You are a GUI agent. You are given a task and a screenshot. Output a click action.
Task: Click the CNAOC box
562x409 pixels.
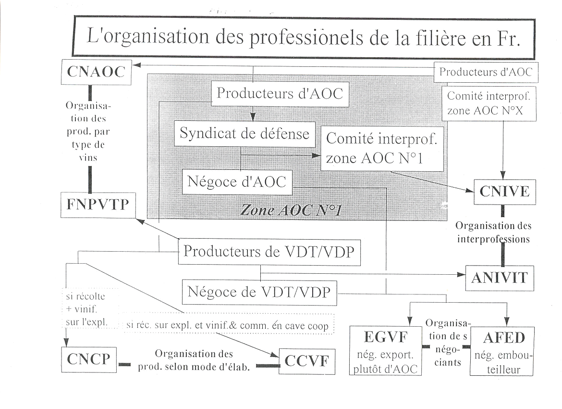(x=96, y=73)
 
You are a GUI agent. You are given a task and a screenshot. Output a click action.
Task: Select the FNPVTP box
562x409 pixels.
(x=98, y=204)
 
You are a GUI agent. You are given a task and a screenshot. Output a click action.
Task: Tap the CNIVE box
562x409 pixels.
(x=504, y=192)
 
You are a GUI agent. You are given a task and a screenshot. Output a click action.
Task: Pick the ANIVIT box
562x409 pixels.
(x=500, y=278)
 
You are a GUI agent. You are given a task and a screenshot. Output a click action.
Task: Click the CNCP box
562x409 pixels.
(x=89, y=359)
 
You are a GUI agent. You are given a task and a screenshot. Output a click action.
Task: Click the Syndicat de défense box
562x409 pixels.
(x=244, y=133)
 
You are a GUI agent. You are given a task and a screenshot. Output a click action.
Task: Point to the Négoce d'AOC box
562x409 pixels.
(x=237, y=182)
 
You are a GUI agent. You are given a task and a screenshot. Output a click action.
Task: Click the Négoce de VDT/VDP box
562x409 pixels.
(x=259, y=292)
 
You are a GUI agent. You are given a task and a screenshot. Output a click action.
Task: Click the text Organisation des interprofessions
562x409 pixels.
(x=493, y=232)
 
